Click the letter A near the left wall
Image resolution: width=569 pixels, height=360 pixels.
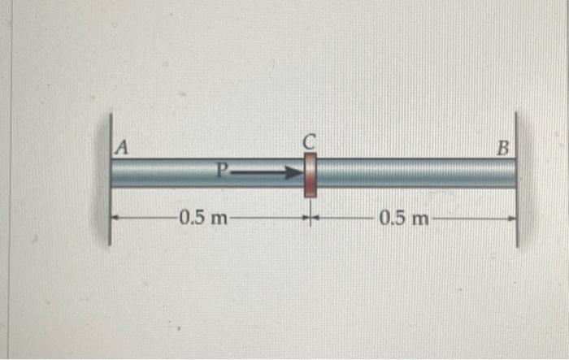pos(122,148)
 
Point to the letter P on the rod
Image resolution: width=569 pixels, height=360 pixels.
pos(222,171)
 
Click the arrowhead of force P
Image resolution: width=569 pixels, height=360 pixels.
pos(294,172)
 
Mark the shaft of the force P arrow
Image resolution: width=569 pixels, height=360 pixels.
pos(256,172)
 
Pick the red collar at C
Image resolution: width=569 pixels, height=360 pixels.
pos(310,174)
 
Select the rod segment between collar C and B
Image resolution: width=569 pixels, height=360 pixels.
pos(415,173)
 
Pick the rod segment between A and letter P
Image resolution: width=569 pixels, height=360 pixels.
pos(163,173)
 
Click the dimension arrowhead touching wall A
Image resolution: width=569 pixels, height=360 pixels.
pos(115,218)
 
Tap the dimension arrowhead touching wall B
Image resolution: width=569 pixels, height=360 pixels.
pos(511,218)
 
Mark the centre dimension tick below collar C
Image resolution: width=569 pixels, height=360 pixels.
pos(310,218)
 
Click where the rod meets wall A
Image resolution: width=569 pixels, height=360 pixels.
pos(113,173)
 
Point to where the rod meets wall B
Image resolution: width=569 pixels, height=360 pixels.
pos(515,173)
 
